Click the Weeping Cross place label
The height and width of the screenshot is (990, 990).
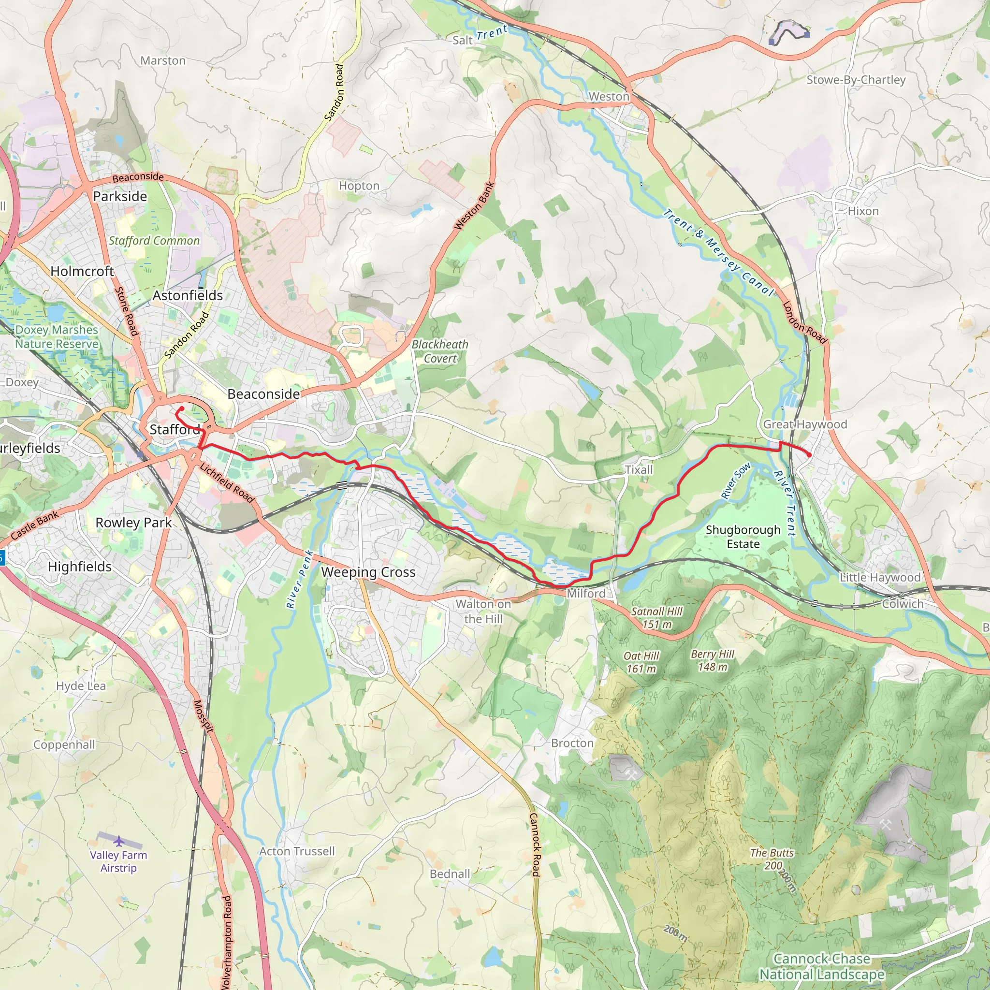point(368,572)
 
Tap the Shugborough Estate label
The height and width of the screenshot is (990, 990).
point(742,537)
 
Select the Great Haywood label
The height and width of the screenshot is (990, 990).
point(804,424)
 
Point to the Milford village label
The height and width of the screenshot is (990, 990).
point(586,594)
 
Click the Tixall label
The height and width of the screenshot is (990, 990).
point(639,469)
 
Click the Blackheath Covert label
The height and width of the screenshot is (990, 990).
point(440,351)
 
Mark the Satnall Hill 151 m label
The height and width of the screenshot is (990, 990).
point(656,617)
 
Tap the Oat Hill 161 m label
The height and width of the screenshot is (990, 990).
point(641,662)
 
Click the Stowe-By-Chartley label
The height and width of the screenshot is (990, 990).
point(856,80)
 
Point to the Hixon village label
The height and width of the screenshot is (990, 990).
point(863,211)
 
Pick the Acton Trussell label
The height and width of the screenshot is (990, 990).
point(297,851)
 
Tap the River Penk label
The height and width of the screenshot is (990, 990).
point(299,579)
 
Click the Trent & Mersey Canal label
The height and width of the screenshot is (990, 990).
point(719,252)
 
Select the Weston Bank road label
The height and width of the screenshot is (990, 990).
point(474,206)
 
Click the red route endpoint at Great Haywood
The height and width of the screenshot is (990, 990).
point(809,454)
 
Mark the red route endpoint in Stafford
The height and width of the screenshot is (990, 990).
point(181,408)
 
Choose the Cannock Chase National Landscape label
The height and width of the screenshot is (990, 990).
point(821,966)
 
